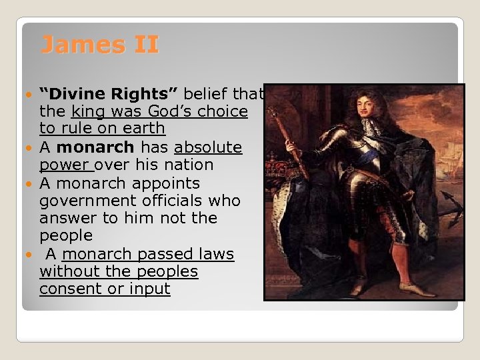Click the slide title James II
[x=100, y=45]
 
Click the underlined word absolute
[x=208, y=147]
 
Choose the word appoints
[x=167, y=183]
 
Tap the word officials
[x=168, y=201]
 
